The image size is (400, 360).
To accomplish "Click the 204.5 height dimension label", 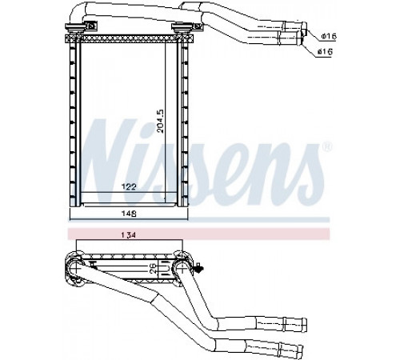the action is (161, 122).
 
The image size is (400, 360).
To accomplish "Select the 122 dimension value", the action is (129, 187).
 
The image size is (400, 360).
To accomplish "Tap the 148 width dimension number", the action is (129, 214).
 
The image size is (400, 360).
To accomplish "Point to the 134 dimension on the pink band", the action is (129, 235).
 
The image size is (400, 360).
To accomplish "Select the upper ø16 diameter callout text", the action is (329, 36).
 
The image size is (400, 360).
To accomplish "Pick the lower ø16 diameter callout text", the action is (326, 51).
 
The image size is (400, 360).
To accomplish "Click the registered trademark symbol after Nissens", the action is (327, 147).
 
